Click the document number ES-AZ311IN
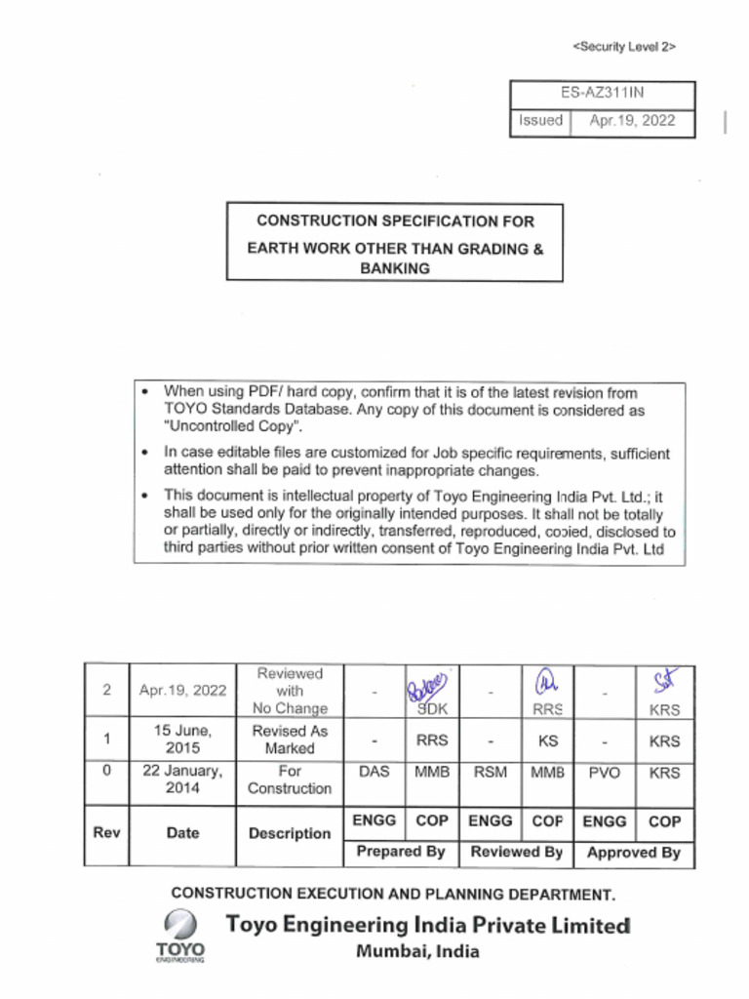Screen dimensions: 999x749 tap(602, 94)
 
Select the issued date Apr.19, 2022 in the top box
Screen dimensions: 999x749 tap(631, 121)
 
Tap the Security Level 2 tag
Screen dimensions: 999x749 tap(624, 46)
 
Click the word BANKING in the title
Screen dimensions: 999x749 tap(394, 268)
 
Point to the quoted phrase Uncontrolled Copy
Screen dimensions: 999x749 tap(234, 427)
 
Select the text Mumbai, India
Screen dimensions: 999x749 tap(417, 952)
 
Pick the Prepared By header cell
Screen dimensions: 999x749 tap(401, 852)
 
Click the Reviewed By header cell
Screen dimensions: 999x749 tap(516, 852)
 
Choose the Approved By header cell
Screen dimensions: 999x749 tap(633, 852)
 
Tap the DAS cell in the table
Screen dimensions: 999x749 tap(374, 772)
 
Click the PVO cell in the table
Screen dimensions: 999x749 tap(604, 772)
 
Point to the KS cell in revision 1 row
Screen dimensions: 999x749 tap(547, 740)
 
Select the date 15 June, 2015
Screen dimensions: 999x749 tap(182, 739)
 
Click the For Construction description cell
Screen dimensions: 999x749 tap(290, 779)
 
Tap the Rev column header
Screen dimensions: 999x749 tap(105, 833)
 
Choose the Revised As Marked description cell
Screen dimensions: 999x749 tap(290, 739)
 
